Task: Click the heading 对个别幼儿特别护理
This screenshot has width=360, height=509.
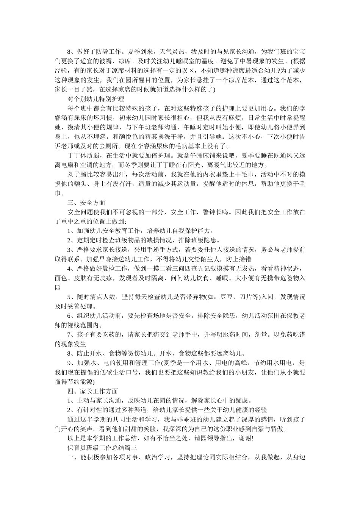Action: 95,99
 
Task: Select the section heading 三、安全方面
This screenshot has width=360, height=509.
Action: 86,203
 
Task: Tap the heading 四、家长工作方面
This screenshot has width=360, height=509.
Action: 92,391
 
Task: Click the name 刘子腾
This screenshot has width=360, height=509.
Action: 77,174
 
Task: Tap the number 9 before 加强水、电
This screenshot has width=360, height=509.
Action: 69,363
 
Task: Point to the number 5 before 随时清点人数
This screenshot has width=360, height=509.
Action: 69,297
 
